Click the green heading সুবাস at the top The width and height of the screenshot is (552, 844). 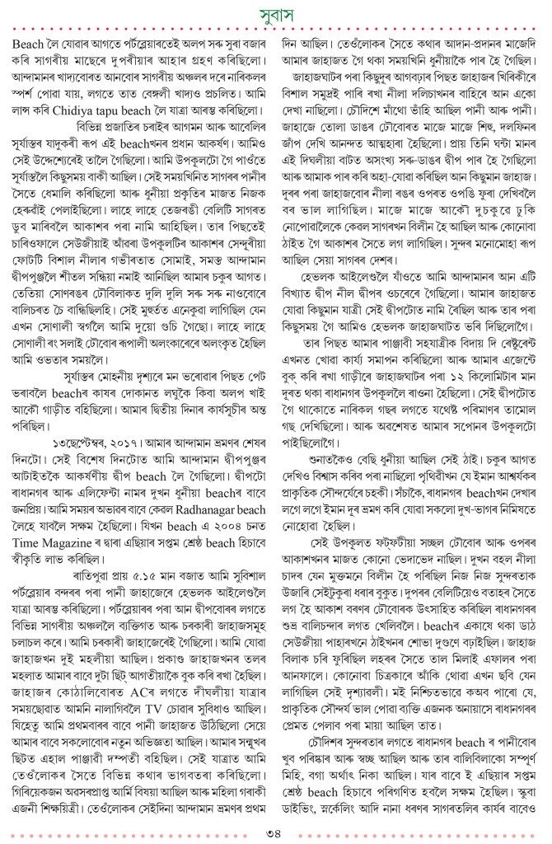[277, 15]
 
